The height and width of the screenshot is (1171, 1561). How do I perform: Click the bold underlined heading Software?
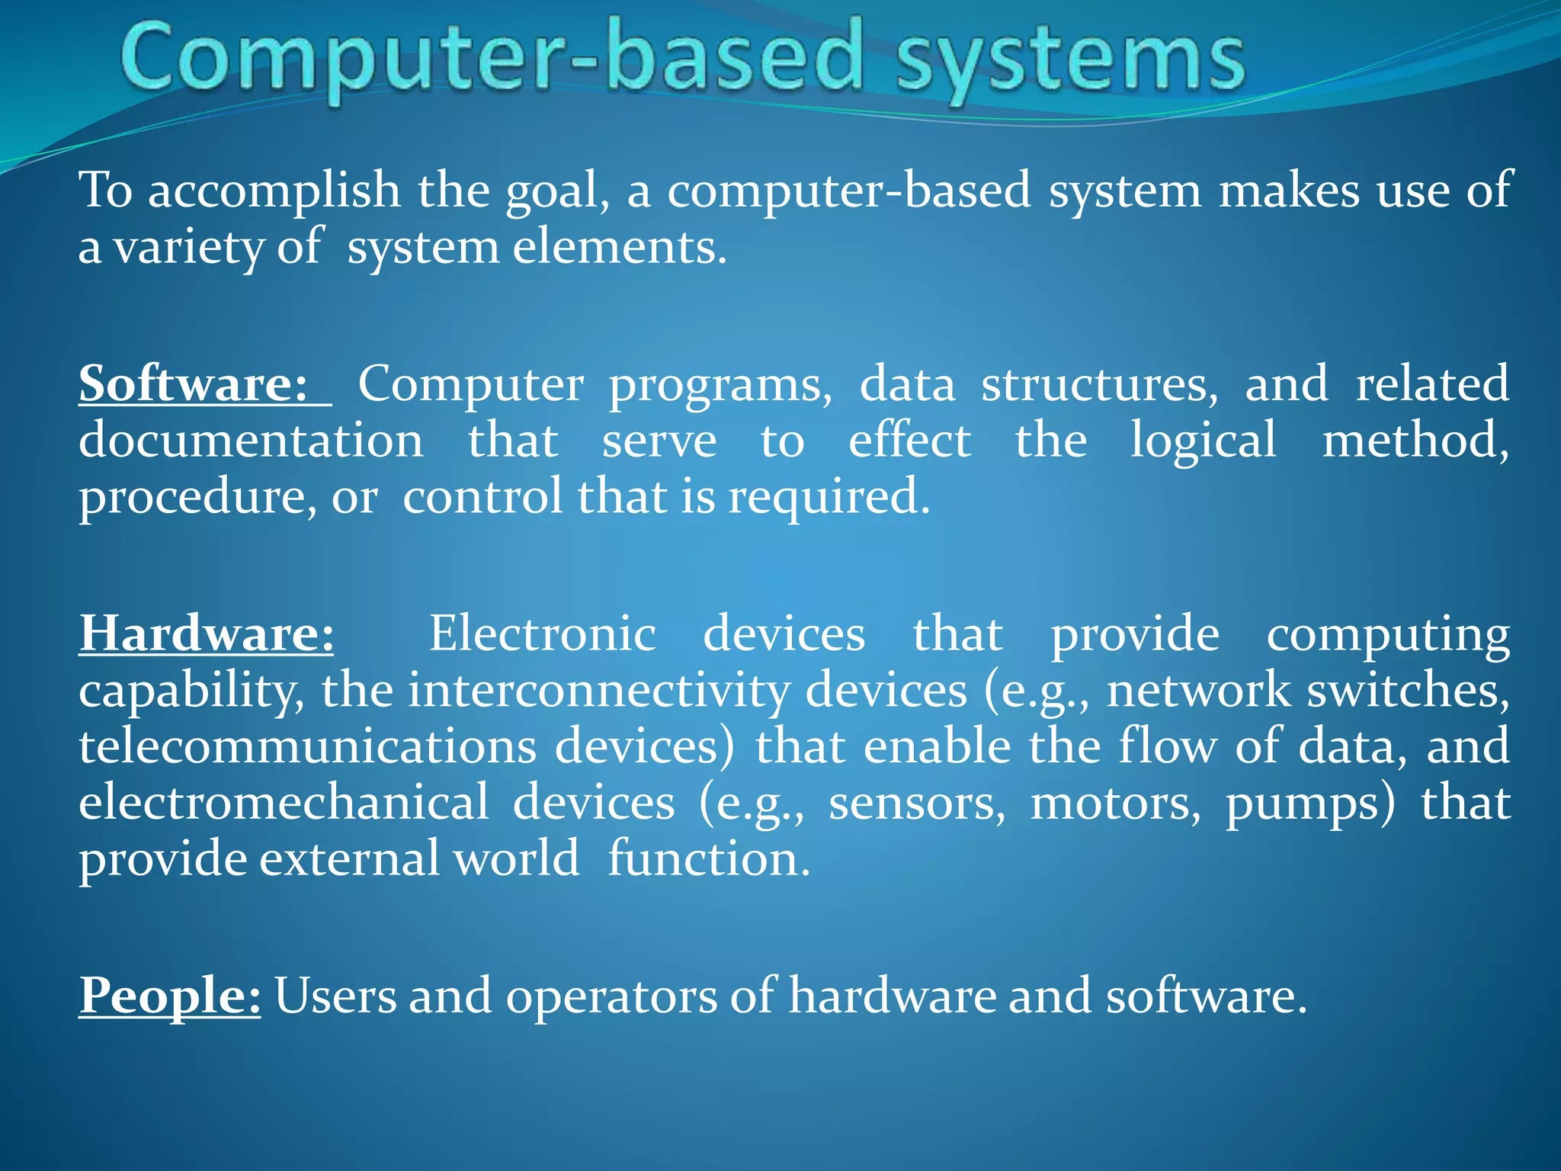tap(194, 383)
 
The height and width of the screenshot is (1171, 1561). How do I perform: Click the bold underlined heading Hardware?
tap(207, 634)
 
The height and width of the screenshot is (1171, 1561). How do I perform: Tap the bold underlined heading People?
tap(170, 996)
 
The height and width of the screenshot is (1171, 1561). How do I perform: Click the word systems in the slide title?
tap(1070, 59)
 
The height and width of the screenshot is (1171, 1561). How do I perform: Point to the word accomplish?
tap(274, 191)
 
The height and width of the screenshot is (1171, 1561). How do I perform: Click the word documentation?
tap(251, 441)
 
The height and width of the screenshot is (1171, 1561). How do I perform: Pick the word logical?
tap(1203, 441)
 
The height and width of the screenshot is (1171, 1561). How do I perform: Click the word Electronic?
tap(542, 634)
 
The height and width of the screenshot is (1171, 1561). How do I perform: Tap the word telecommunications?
tap(308, 746)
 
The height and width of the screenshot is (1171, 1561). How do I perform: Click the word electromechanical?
tap(284, 803)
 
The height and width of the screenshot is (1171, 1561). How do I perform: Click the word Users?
tap(335, 996)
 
